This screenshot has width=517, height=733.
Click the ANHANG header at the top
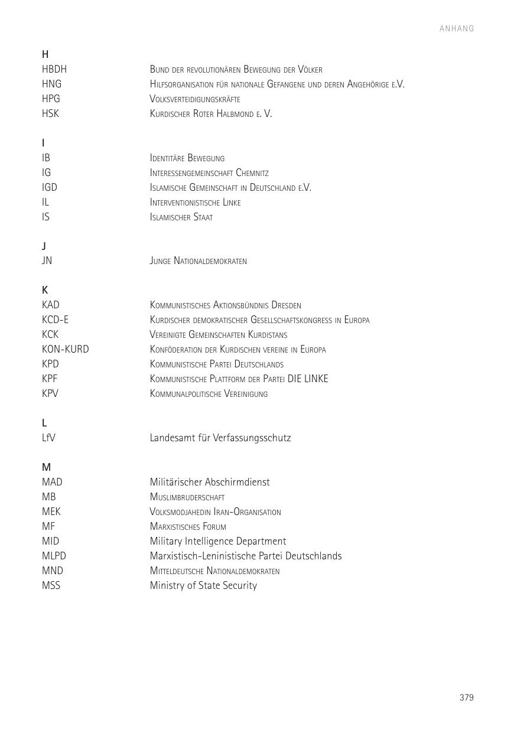[x=457, y=28]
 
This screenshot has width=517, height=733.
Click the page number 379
[x=466, y=698]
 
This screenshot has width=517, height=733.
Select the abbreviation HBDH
[x=54, y=69]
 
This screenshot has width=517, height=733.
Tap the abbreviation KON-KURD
[x=65, y=349]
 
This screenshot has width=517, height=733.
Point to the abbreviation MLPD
[x=54, y=556]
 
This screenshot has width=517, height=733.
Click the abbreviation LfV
[x=48, y=438]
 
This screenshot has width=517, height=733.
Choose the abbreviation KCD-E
[x=55, y=320]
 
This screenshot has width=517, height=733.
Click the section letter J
[x=44, y=246]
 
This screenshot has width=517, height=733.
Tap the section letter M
[x=46, y=467]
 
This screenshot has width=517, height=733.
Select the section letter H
[x=45, y=54]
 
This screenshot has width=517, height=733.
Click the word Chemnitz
[x=252, y=173]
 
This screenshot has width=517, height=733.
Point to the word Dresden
[x=286, y=305]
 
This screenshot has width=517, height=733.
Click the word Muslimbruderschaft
[x=187, y=497]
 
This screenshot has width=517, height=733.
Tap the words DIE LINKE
[x=307, y=379]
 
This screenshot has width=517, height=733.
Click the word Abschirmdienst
[x=237, y=482]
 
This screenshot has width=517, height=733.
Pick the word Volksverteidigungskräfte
[x=194, y=99]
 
